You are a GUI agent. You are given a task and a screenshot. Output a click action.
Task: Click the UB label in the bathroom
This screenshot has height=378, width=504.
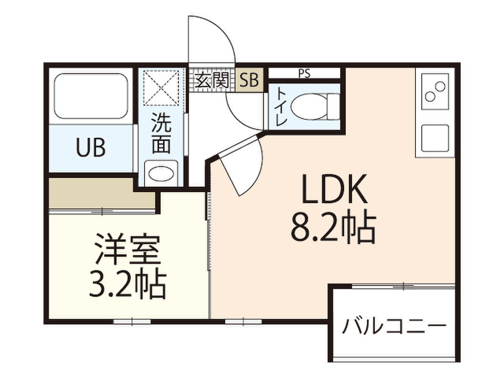point(91,148)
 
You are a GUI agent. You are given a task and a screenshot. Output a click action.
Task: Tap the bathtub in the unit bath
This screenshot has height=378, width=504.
point(91,96)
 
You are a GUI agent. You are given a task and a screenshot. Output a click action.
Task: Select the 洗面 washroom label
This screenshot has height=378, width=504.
point(161,132)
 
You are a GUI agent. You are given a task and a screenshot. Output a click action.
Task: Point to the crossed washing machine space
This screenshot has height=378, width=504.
point(161,88)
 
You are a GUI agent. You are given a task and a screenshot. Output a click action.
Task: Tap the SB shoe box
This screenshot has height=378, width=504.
point(250,80)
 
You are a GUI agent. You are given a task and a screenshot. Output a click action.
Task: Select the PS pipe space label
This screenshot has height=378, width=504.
point(304,74)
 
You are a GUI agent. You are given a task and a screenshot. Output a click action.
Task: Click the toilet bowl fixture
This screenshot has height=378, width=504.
point(315,106)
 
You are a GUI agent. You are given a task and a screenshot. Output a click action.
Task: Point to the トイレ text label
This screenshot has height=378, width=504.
point(282,106)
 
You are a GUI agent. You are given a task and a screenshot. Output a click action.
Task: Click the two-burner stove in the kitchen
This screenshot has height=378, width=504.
point(435,91)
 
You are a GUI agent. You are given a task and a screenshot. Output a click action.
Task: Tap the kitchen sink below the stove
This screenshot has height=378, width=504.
point(435,138)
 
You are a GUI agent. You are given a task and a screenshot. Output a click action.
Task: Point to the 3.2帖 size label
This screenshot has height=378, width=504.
point(127,285)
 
